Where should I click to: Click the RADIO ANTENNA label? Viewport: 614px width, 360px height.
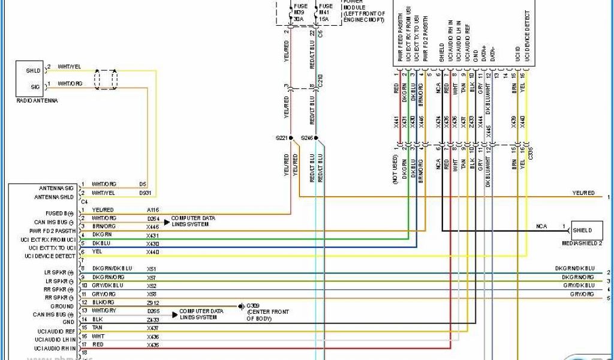(x=37, y=101)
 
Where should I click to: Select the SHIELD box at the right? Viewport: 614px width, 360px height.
(x=582, y=230)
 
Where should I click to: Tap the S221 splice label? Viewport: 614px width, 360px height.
(x=282, y=138)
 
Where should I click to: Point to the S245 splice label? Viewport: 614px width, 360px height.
(x=307, y=138)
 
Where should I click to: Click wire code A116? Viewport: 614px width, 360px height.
(x=153, y=209)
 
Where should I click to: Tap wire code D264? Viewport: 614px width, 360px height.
(x=153, y=218)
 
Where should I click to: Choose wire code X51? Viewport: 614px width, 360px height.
(x=151, y=268)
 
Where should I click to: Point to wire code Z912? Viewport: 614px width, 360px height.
(x=153, y=302)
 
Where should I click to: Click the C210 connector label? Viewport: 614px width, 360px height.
(x=320, y=82)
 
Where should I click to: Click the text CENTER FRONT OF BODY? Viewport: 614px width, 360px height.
(x=267, y=316)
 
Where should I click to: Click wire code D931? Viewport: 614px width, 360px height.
(x=145, y=193)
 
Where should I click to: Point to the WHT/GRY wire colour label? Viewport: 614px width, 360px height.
(x=104, y=311)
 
